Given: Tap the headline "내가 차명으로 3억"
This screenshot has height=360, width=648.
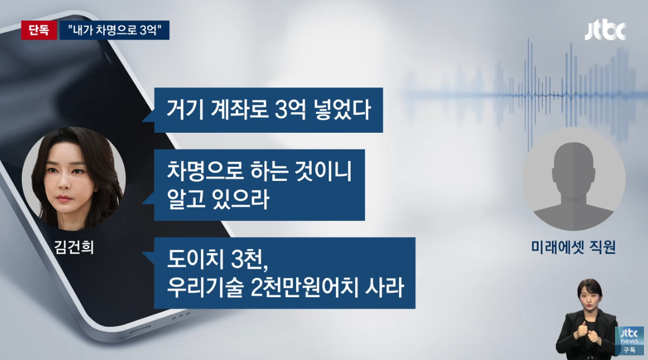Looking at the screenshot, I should coord(114,30).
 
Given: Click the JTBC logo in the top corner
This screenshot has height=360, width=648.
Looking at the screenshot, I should coord(605,31).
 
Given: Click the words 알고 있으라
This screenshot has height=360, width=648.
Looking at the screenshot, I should coord(218,200).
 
